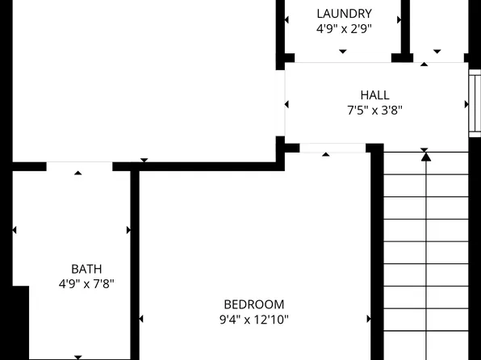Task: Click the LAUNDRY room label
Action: click(x=344, y=14)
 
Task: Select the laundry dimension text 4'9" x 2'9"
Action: click(x=344, y=28)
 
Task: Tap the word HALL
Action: click(x=374, y=95)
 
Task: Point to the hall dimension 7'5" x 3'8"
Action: click(x=374, y=111)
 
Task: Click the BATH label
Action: click(x=86, y=269)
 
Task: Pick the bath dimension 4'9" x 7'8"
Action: click(x=86, y=284)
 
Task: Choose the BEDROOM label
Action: click(x=254, y=304)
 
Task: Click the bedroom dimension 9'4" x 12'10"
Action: click(x=254, y=320)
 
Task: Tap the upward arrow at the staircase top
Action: click(x=426, y=157)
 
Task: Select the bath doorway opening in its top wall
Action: click(x=79, y=166)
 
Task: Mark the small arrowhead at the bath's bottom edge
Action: click(x=78, y=356)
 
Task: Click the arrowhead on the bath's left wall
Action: click(x=15, y=231)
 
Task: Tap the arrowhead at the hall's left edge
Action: click(x=287, y=104)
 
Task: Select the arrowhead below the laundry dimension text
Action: click(x=343, y=52)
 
